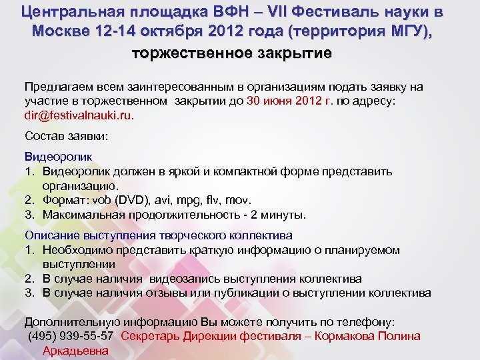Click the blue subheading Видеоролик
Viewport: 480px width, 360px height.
pos(59,156)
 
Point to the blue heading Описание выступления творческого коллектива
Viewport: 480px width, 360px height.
pos(159,235)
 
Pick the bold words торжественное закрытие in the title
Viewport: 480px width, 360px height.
pos(231,53)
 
